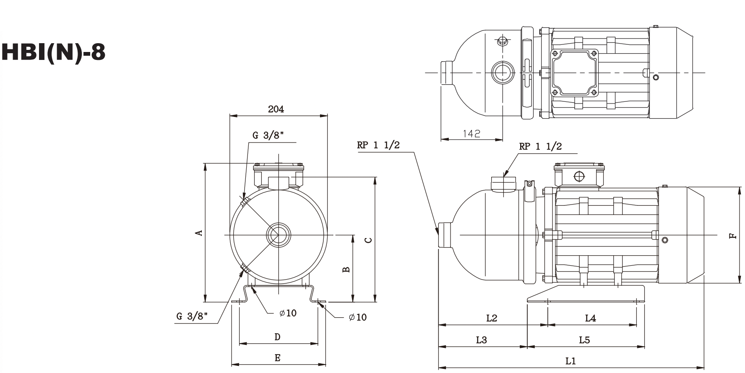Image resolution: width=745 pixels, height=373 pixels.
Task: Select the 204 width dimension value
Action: (x=276, y=109)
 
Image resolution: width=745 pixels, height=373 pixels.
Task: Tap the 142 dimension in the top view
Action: (x=471, y=134)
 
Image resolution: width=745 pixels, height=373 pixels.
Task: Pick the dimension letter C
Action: (x=368, y=240)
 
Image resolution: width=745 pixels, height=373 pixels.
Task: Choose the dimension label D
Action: (x=277, y=337)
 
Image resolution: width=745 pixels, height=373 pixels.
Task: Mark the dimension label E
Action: (x=277, y=358)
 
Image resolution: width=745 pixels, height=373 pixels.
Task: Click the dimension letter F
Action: (x=732, y=236)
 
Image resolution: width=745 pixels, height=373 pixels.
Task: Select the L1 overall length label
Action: (x=570, y=360)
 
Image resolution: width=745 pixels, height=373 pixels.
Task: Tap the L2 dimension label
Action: (x=492, y=318)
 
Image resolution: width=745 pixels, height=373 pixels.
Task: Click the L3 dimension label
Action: (x=481, y=340)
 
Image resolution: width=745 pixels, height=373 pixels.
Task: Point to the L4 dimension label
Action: (x=590, y=319)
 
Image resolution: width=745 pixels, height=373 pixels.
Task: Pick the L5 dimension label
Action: (x=584, y=340)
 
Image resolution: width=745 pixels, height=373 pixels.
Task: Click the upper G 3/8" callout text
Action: (x=268, y=135)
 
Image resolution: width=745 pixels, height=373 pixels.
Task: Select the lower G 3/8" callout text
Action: (x=192, y=316)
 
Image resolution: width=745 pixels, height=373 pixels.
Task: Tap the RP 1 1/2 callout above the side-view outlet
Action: (x=540, y=146)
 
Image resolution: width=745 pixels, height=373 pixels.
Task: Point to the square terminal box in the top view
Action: (x=575, y=73)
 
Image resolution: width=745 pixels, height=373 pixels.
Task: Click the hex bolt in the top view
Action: (x=503, y=41)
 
